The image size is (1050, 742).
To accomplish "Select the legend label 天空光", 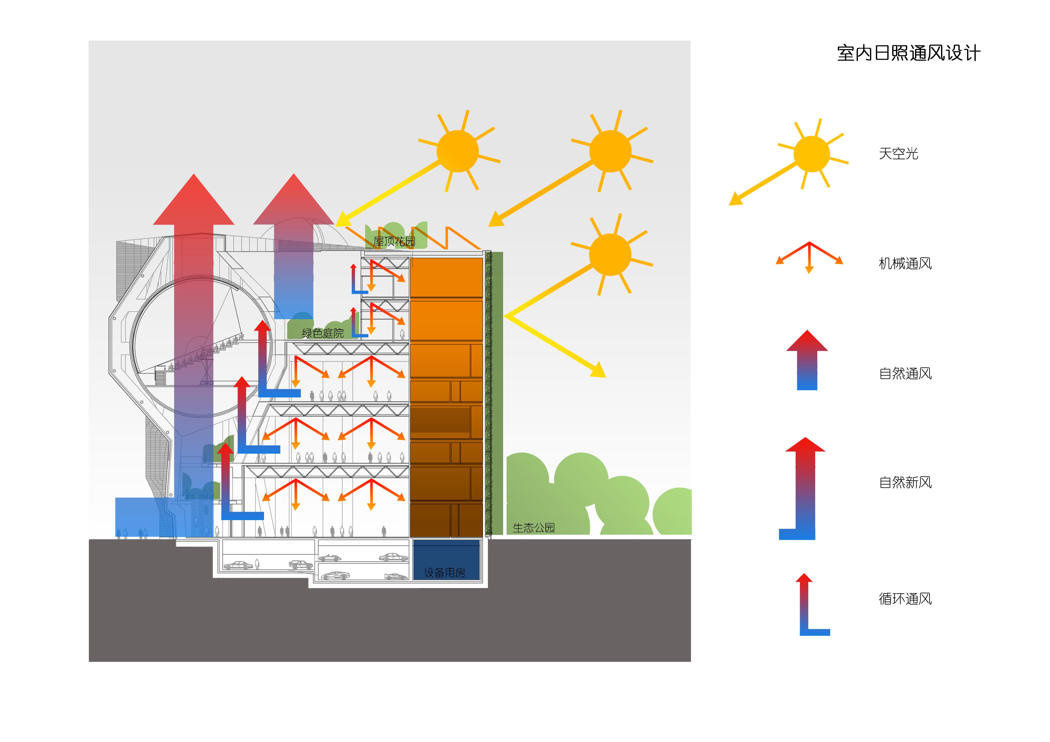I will pyautogui.click(x=898, y=154).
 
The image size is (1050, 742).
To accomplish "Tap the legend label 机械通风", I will pyautogui.click(x=905, y=264).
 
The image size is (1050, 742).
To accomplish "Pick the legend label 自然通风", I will pyautogui.click(x=905, y=374).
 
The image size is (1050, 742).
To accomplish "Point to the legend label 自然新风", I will pyautogui.click(x=905, y=482).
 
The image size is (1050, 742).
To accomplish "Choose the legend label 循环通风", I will pyautogui.click(x=905, y=599).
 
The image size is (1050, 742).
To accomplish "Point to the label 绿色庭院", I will pyautogui.click(x=322, y=333).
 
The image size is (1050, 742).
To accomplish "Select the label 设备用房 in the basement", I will pyautogui.click(x=444, y=572).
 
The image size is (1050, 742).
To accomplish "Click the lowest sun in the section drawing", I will pyautogui.click(x=610, y=255).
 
